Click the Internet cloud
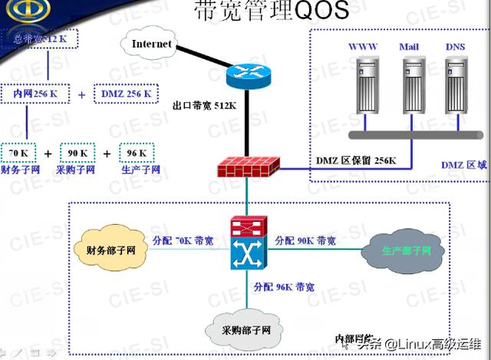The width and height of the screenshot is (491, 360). click(x=152, y=45)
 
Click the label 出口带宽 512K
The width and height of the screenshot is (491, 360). click(x=205, y=105)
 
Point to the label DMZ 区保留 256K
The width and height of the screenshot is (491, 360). click(x=356, y=160)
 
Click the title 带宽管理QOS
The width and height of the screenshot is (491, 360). click(x=262, y=11)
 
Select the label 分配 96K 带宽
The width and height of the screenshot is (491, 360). click(x=284, y=287)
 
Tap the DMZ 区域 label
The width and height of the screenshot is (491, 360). click(x=463, y=165)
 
